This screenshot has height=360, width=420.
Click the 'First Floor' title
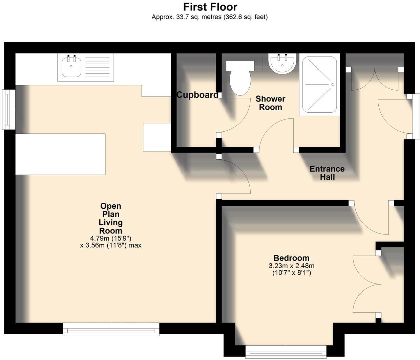coord(210,7)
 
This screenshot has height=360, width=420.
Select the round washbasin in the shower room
coord(282,63)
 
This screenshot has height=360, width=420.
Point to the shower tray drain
coord(333,85)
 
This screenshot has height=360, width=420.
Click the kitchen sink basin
coord(71,67)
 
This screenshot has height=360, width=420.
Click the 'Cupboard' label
coord(197,95)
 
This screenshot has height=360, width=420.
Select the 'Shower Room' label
coord(270,103)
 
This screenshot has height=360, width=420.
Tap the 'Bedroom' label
coord(291,258)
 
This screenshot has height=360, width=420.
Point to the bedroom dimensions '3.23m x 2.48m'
coord(291,266)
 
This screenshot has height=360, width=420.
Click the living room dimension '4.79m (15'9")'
coord(111,238)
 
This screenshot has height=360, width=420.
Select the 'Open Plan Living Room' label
coord(111,218)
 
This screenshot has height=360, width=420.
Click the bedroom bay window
coord(286,353)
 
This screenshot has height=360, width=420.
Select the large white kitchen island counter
coord(60,154)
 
